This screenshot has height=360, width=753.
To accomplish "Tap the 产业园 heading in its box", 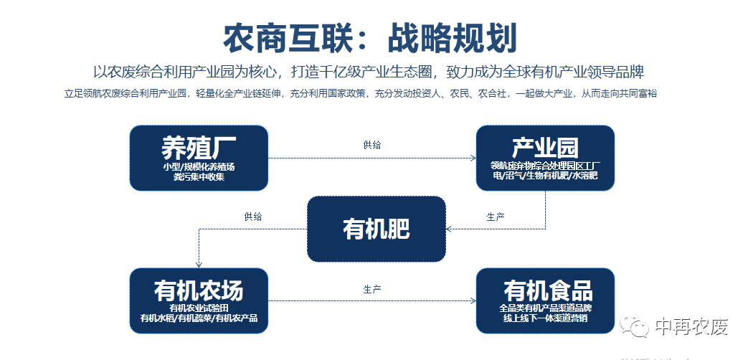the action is pyautogui.click(x=544, y=148).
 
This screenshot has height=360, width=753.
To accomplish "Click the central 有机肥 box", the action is pyautogui.click(x=376, y=229).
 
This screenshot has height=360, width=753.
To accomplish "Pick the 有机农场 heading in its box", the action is pyautogui.click(x=199, y=290).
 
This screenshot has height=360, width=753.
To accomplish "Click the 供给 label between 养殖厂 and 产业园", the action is pyautogui.click(x=372, y=145).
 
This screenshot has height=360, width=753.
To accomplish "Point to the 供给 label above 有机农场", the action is pyautogui.click(x=252, y=217).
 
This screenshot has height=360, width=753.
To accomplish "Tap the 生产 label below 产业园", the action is pyautogui.click(x=496, y=217).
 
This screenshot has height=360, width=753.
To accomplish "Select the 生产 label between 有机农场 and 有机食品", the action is pyautogui.click(x=372, y=289).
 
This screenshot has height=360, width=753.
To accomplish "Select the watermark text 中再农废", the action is pyautogui.click(x=691, y=327).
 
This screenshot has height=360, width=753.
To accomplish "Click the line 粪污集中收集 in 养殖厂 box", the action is pyautogui.click(x=199, y=176).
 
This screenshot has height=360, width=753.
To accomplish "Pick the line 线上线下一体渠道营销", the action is pyautogui.click(x=545, y=318).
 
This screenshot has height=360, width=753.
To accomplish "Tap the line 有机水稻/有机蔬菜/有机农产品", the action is pyautogui.click(x=199, y=318).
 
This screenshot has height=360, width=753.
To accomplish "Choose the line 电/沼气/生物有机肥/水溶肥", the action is pyautogui.click(x=545, y=176).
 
